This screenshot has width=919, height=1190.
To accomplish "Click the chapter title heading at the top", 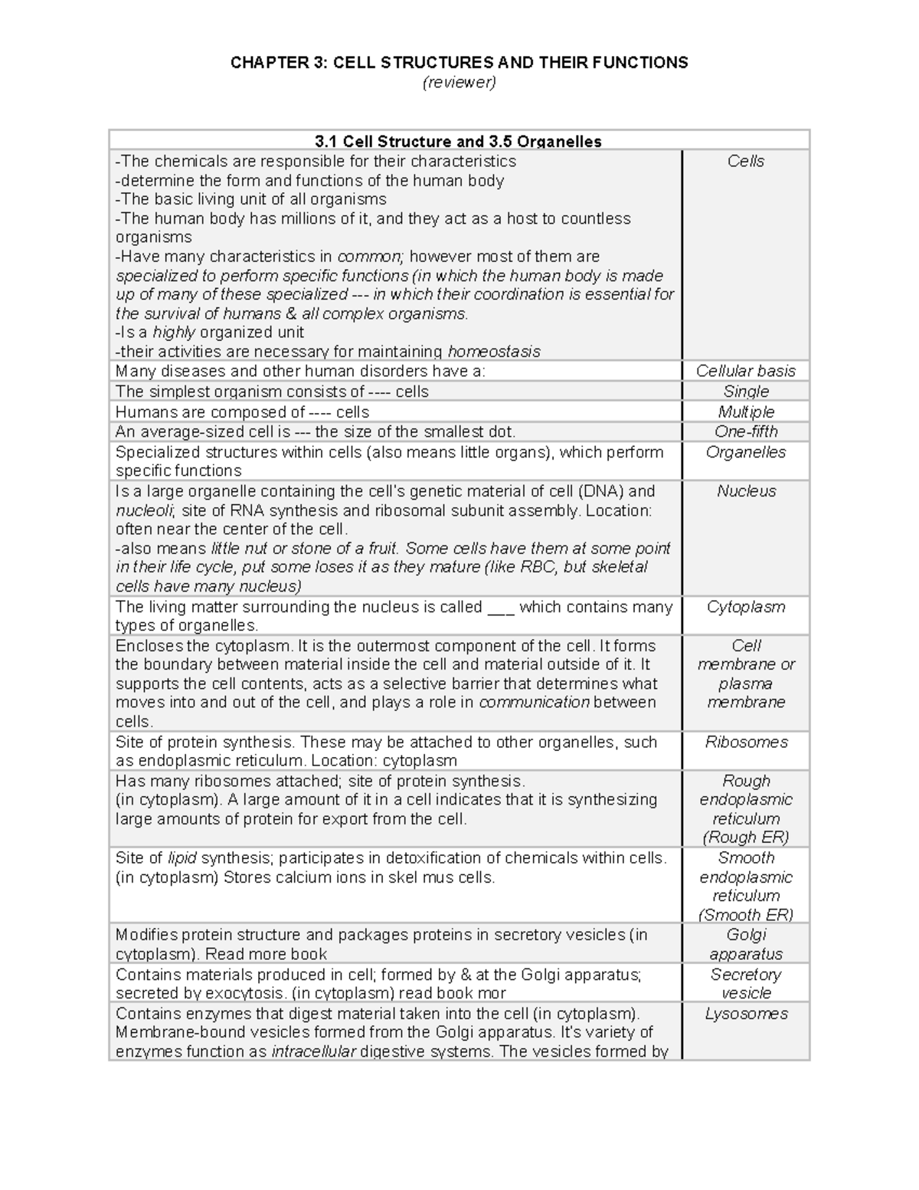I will (459, 63).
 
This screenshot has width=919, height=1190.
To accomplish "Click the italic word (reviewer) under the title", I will (459, 83).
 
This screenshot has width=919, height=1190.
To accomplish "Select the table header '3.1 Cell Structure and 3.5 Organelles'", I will (458, 142).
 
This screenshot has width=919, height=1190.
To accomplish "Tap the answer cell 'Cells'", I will (745, 162).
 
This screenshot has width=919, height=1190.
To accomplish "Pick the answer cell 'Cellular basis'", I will (745, 372).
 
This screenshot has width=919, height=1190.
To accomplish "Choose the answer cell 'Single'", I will (745, 392).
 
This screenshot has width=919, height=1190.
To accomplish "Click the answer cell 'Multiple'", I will (745, 412).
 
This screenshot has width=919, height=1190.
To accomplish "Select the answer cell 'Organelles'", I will (745, 453).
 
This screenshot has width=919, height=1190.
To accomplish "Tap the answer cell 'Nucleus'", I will (745, 492).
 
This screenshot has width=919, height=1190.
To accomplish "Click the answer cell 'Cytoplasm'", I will (745, 608).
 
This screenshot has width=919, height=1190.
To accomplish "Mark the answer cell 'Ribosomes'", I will (745, 743).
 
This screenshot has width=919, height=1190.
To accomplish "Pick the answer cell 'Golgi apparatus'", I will (745, 944).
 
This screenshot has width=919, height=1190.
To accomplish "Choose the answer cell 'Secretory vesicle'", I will (745, 984).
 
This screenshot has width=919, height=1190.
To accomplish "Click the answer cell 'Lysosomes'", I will (745, 1015).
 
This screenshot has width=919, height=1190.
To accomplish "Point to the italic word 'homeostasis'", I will (494, 352).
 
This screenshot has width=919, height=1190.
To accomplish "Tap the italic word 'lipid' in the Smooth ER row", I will (182, 858).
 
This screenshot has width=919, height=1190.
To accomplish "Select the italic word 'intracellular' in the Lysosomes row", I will (313, 1052).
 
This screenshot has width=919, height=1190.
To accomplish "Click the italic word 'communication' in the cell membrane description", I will (534, 703).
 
